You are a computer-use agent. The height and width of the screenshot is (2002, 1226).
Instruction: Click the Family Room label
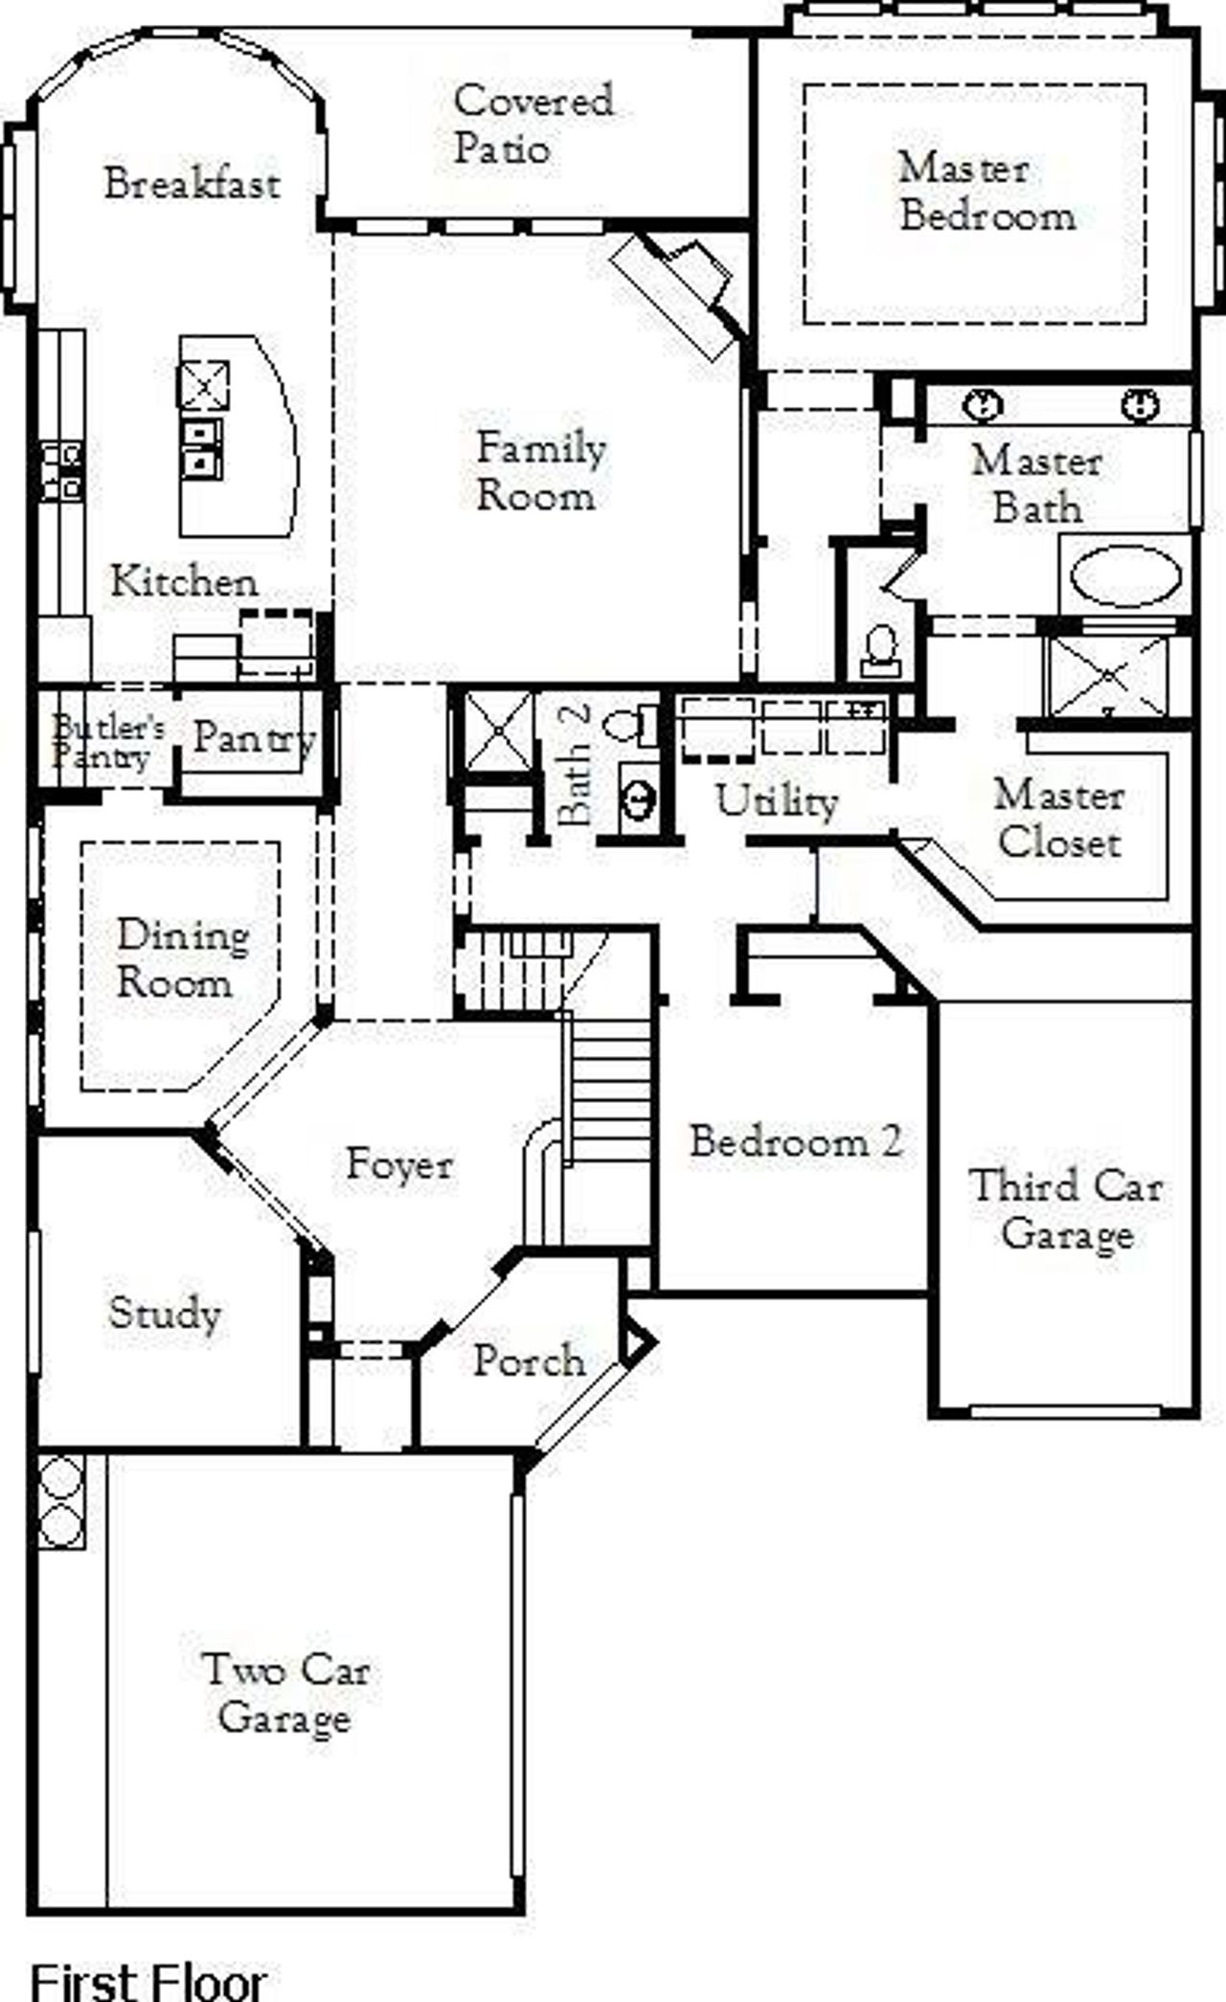tap(540, 471)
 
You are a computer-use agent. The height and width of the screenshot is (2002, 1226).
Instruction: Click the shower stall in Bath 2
tap(498, 730)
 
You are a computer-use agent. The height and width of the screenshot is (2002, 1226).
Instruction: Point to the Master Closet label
tap(1058, 820)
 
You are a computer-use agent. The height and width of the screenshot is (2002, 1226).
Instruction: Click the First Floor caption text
tap(148, 1980)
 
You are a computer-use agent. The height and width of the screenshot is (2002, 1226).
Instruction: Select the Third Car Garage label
tap(1066, 1209)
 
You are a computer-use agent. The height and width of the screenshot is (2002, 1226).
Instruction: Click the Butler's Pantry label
tap(105, 741)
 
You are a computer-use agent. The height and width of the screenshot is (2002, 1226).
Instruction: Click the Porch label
tap(529, 1361)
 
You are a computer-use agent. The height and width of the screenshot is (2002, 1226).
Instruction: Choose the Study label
tap(164, 1313)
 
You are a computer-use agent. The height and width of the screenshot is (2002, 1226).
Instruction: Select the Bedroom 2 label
tap(795, 1141)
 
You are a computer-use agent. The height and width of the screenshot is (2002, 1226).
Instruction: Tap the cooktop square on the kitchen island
tap(204, 385)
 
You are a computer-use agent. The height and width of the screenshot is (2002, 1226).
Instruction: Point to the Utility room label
tap(777, 800)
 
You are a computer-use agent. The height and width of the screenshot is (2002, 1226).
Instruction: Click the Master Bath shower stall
tap(1109, 675)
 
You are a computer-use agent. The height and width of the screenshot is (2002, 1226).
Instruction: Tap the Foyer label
tap(398, 1164)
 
